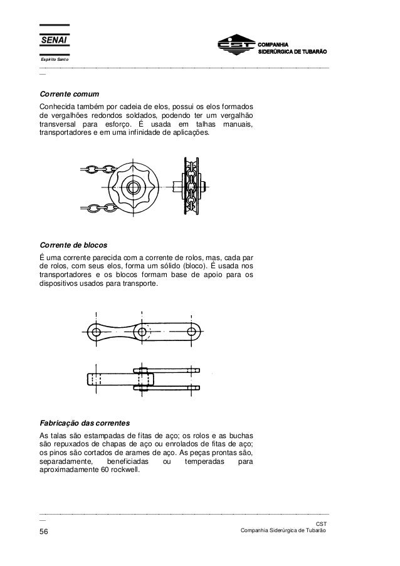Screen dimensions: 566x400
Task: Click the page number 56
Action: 45,533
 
